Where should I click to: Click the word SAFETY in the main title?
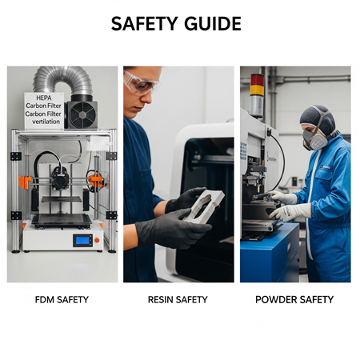tap(144, 23)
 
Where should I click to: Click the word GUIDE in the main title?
tap(213, 23)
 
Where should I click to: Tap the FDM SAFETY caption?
tap(62, 300)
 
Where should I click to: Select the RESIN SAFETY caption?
tap(178, 300)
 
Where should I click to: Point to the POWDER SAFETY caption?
tap(294, 300)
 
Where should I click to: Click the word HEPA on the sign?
tap(44, 98)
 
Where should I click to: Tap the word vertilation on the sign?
tap(46, 122)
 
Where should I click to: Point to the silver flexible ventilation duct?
tap(63, 80)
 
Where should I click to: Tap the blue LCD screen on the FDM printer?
tap(82, 240)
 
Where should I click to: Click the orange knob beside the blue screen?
tap(97, 240)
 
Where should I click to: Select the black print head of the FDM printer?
tap(60, 178)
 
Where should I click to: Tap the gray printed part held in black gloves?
tap(204, 206)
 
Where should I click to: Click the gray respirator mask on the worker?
tap(314, 139)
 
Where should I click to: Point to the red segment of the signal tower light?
tap(258, 79)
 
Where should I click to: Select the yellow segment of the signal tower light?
tap(257, 90)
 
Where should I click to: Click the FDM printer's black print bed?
tap(62, 219)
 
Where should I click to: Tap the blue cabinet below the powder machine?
tap(270, 254)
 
